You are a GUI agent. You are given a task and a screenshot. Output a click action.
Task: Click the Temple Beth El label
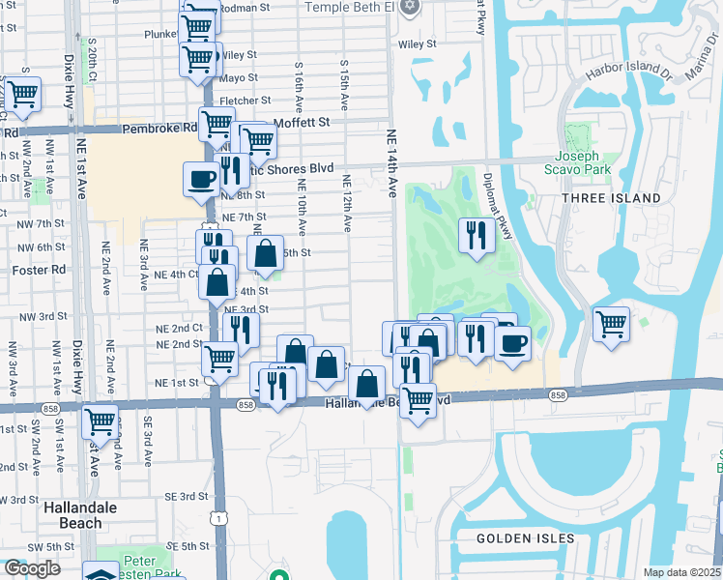pyautogui.click(x=350, y=7)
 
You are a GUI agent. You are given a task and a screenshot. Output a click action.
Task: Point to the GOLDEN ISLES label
pyautogui.click(x=525, y=538)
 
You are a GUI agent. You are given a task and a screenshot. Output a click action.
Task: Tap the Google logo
pyautogui.click(x=31, y=568)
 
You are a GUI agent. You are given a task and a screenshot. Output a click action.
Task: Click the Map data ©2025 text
pyautogui.click(x=682, y=572)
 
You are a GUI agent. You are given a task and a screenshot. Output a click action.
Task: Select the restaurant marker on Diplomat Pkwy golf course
pyautogui.click(x=476, y=237)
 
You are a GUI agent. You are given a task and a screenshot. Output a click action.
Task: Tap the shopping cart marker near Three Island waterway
pyautogui.click(x=612, y=324)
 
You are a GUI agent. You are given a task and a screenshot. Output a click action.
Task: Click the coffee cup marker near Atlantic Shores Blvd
pyautogui.click(x=201, y=179)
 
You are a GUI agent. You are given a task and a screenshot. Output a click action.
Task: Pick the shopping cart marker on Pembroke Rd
pyautogui.click(x=217, y=124)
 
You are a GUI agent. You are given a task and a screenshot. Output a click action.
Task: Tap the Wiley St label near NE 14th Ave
pyautogui.click(x=418, y=43)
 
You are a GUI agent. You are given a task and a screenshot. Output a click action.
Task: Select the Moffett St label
pyautogui.click(x=302, y=123)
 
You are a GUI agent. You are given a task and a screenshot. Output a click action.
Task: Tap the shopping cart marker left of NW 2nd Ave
pyautogui.click(x=21, y=95)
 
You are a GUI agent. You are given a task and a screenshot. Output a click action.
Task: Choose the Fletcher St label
pyautogui.click(x=238, y=100)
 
